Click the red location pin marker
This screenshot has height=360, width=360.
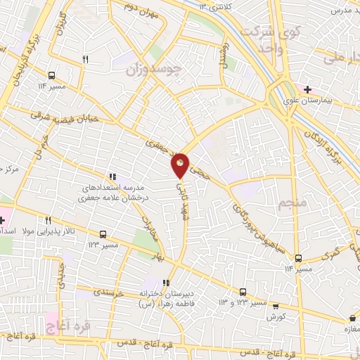point(181,165)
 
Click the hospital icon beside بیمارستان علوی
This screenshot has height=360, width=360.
point(307,89)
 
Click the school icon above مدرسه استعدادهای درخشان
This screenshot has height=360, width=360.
point(111,177)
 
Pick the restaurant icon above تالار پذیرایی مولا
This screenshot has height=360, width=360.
point(48,219)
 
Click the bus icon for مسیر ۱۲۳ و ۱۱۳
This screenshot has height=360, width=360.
point(243,292)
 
